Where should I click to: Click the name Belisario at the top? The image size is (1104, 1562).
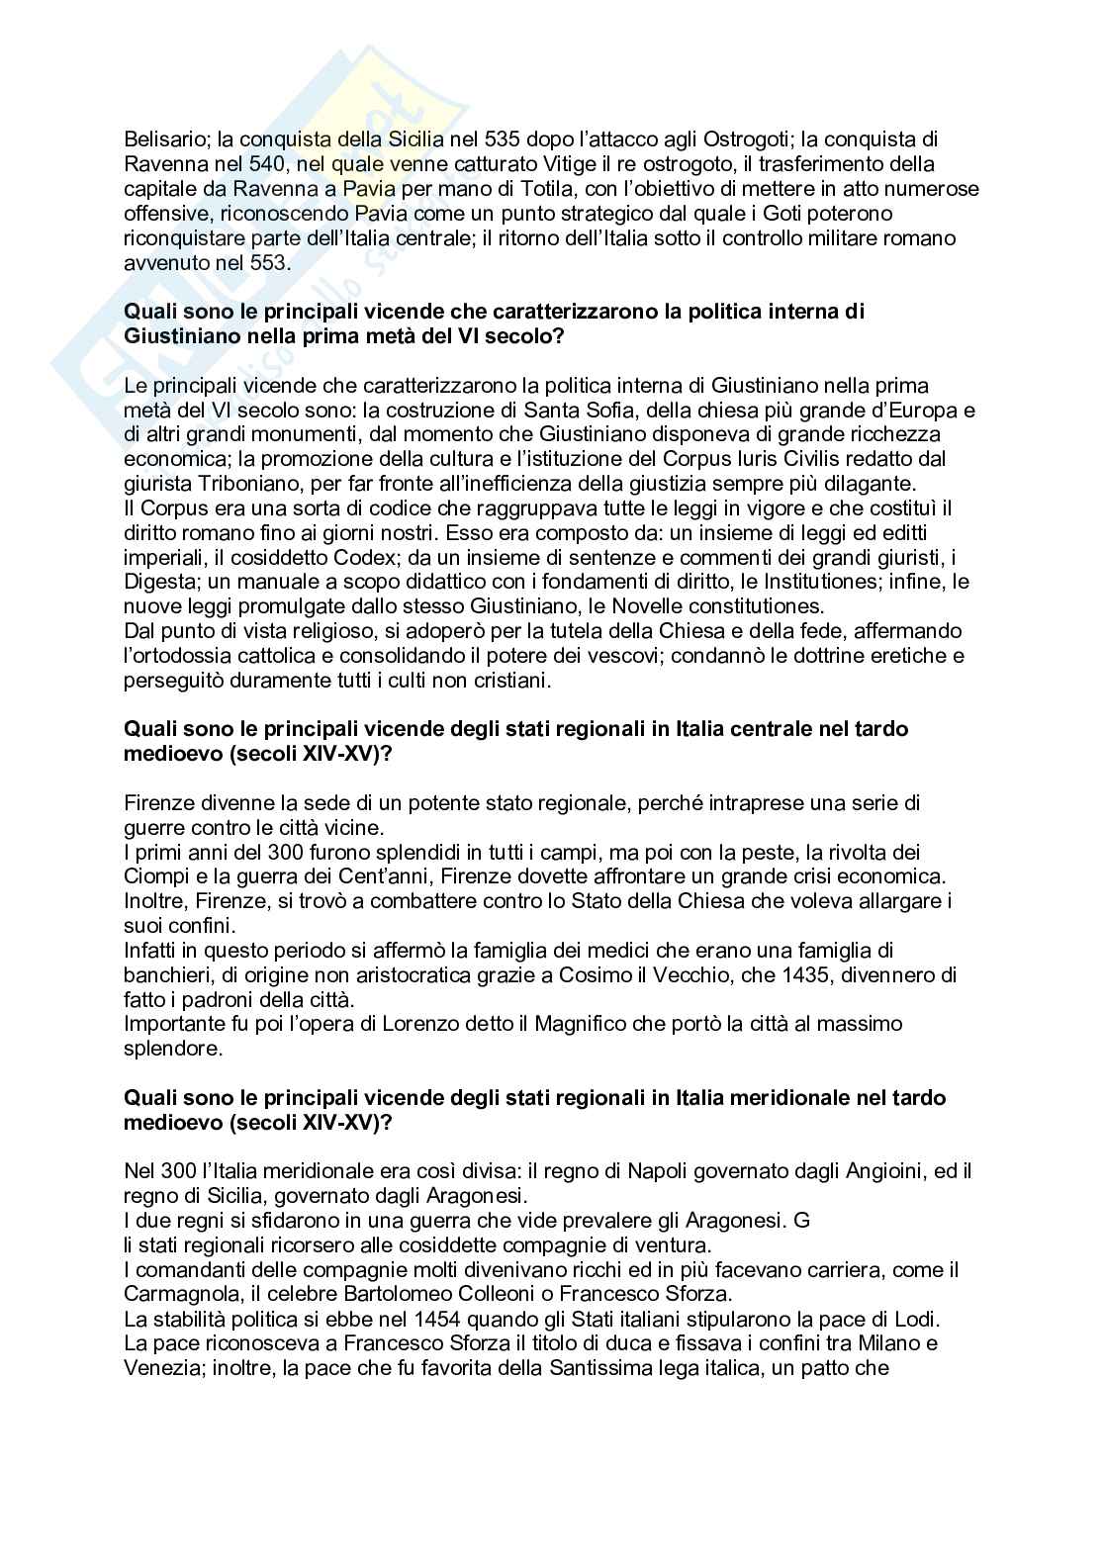pyautogui.click(x=159, y=138)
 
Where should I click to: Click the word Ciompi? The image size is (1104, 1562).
pyautogui.click(x=157, y=876)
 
